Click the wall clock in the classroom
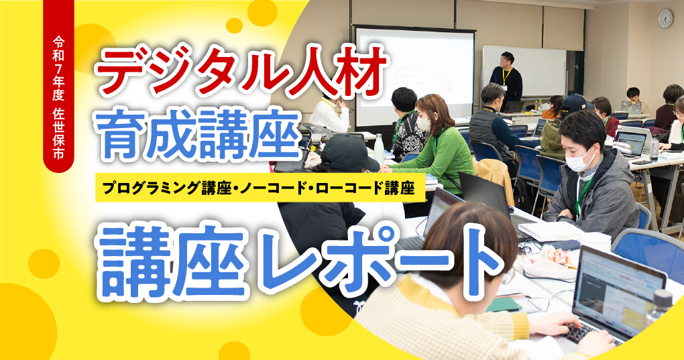(x=665, y=18)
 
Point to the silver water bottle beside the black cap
(x=379, y=147)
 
